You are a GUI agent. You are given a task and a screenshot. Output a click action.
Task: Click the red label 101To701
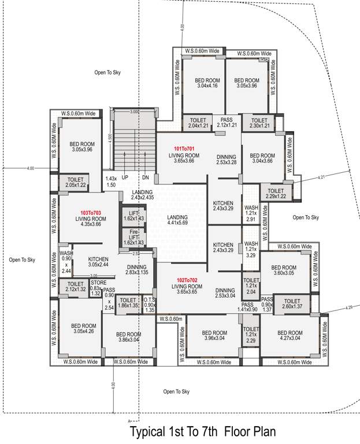click(x=184, y=149)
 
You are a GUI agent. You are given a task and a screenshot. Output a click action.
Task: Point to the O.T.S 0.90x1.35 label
click(x=149, y=304)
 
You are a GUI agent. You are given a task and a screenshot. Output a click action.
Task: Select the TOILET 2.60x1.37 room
click(x=292, y=304)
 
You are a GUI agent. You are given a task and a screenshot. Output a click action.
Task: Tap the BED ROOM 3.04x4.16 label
click(x=207, y=83)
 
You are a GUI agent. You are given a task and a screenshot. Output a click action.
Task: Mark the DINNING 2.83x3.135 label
click(x=136, y=270)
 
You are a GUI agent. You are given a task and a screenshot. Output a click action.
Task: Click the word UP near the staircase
click(x=125, y=177)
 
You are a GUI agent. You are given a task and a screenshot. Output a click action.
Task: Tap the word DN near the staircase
click(x=145, y=177)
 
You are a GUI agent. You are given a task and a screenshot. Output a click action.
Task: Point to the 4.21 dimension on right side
click(x=322, y=177)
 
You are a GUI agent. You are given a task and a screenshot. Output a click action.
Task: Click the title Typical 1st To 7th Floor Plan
click(x=202, y=431)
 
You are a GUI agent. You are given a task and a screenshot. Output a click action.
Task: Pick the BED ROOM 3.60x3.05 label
click(x=283, y=270)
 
